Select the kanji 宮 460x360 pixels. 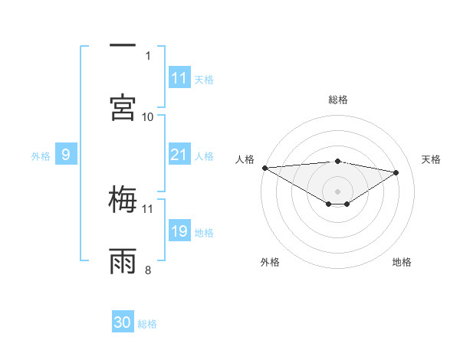click(x=123, y=108)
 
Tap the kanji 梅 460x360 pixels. click(x=123, y=200)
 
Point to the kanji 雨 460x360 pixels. click(x=123, y=261)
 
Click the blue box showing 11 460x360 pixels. click(x=179, y=78)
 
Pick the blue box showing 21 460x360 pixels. click(x=179, y=155)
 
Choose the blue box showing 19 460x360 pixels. click(x=179, y=231)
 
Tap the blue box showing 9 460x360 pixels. click(x=66, y=155)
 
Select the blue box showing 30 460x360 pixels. click(x=123, y=322)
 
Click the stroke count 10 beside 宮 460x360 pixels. click(x=148, y=116)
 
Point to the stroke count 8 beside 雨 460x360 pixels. click(x=148, y=270)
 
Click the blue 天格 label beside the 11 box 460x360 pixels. click(x=204, y=79)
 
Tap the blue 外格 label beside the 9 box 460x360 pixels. click(x=41, y=155)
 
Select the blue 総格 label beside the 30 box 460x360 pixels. click(x=147, y=323)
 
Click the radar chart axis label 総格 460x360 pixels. click(x=338, y=100)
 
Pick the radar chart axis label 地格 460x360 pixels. click(x=402, y=262)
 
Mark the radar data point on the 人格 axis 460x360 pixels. click(x=264, y=168)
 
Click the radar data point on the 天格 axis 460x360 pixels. click(x=396, y=172)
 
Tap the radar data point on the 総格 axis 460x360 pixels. click(x=337, y=161)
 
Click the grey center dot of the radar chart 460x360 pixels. click(x=337, y=191)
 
